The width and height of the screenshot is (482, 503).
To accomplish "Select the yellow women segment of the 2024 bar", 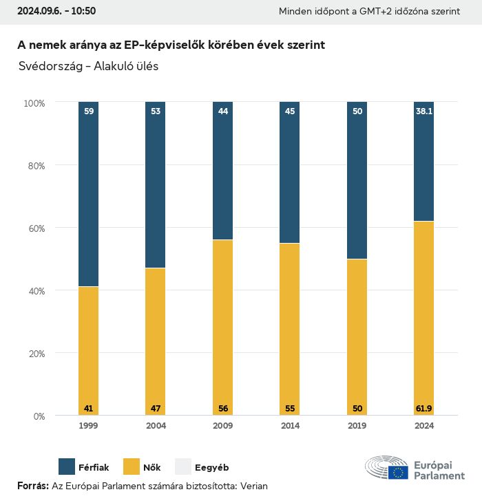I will [424, 317].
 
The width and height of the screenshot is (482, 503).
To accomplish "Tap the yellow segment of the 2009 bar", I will [222, 327].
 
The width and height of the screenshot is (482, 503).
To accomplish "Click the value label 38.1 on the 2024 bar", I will [424, 110].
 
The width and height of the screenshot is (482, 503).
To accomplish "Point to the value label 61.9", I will [424, 409].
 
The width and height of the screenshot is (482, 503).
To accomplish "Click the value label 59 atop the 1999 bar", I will [88, 110].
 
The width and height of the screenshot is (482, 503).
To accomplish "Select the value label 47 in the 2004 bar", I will [156, 409].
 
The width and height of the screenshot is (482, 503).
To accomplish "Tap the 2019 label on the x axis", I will [357, 426].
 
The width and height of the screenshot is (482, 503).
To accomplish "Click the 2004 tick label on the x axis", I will [156, 426].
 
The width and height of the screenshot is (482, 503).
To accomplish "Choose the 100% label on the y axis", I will [34, 103].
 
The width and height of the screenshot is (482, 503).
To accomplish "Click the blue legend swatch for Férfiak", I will [67, 467].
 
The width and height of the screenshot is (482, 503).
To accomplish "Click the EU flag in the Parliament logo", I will [398, 473].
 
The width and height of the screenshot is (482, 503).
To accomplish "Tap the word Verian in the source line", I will [253, 486].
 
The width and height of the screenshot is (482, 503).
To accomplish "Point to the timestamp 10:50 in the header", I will [82, 11].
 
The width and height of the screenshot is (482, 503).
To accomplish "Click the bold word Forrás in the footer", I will [32, 486].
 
